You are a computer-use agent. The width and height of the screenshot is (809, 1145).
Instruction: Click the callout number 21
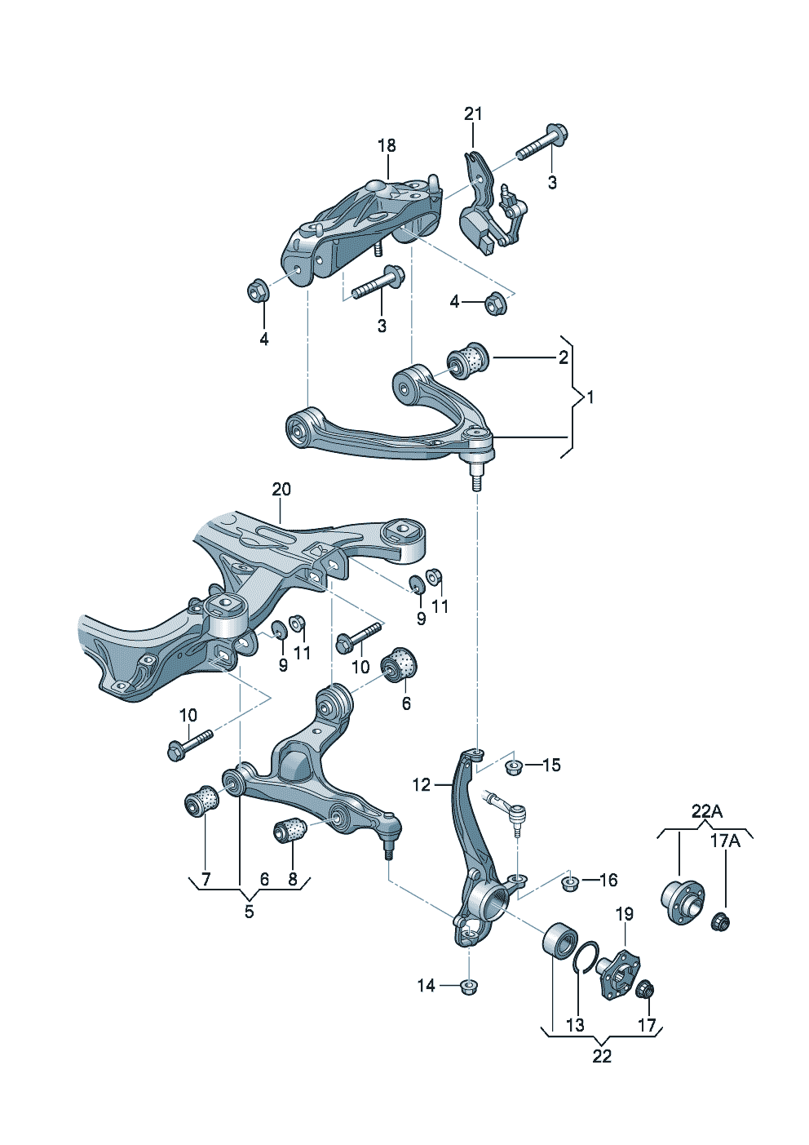(473, 114)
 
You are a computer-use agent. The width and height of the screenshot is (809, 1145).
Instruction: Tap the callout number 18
(387, 146)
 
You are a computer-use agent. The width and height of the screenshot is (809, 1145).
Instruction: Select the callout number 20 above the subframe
(281, 490)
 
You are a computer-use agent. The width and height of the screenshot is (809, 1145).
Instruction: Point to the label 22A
(706, 811)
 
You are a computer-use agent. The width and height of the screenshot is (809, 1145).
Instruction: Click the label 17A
(724, 841)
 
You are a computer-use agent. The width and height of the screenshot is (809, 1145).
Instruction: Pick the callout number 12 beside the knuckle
(421, 785)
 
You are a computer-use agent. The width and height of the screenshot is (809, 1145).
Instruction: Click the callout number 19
(624, 914)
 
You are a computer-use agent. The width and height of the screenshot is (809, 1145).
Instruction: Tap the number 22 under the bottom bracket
(602, 1056)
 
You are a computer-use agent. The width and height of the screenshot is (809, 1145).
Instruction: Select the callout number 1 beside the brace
(590, 397)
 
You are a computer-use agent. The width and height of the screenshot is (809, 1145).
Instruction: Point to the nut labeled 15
(513, 767)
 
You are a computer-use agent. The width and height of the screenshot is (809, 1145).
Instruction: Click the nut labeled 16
(572, 882)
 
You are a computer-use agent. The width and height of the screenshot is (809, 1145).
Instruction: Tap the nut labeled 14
(468, 986)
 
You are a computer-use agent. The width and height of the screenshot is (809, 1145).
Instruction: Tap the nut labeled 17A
(721, 922)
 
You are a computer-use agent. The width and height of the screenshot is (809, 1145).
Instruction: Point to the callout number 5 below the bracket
(249, 912)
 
